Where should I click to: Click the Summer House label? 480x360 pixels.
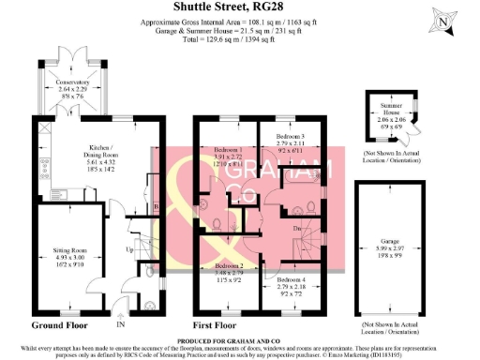click(388, 108)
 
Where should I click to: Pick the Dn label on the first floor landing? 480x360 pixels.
click(297, 229)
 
